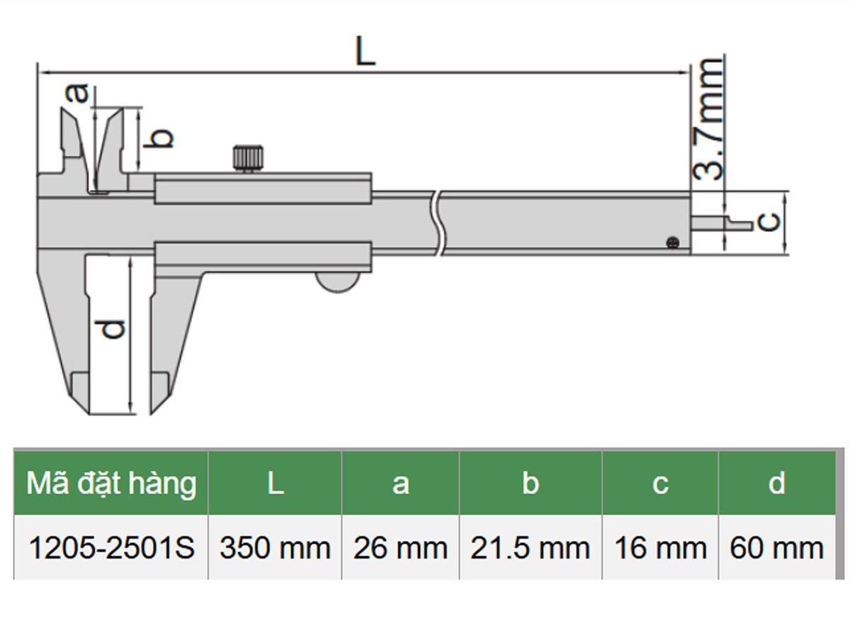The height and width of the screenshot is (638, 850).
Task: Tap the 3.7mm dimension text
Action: [x=708, y=118]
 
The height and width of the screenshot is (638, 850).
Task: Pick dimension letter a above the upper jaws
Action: [x=79, y=93]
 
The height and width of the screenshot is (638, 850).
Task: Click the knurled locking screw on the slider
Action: [x=248, y=157]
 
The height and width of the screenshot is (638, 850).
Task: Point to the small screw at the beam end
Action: [x=671, y=243]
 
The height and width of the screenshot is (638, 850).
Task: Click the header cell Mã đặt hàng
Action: [x=111, y=483]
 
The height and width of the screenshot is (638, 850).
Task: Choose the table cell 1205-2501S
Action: [x=111, y=548]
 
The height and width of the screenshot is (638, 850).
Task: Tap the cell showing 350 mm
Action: [x=275, y=548]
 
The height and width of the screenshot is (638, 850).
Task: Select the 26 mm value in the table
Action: [x=400, y=548]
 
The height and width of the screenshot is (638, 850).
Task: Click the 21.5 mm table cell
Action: [x=530, y=548]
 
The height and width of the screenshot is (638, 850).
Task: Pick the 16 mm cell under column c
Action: [x=660, y=548]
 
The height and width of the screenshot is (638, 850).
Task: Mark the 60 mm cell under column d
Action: [x=777, y=548]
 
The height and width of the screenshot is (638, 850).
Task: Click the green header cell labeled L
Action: [x=275, y=483]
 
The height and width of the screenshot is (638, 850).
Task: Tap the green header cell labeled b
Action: [x=530, y=483]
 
